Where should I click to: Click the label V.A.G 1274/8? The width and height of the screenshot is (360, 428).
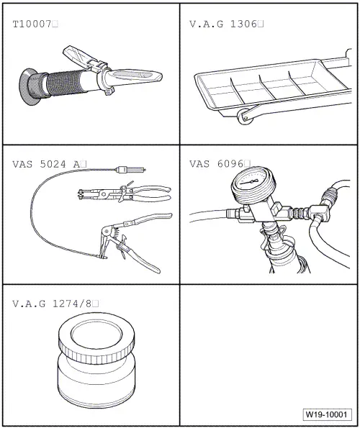pyautogui.click(x=53, y=304)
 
